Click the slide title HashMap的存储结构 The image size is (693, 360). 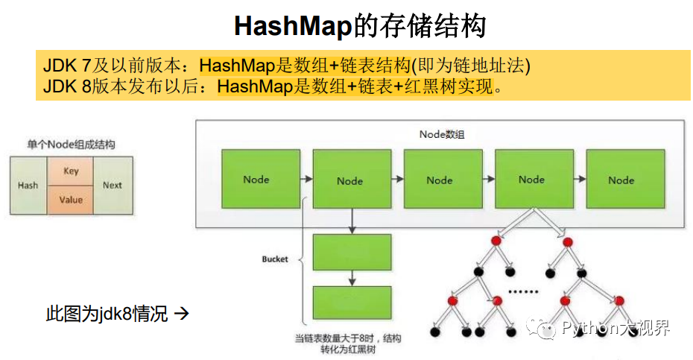[x=360, y=26]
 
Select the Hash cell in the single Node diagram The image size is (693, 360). [x=28, y=186]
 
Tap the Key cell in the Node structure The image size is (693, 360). [x=71, y=171]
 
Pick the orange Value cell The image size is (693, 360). [x=71, y=200]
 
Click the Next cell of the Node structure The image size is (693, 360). [x=113, y=186]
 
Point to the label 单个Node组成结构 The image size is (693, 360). [x=72, y=145]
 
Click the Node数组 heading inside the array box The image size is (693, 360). [x=443, y=134]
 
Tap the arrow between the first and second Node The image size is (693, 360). [x=306, y=180]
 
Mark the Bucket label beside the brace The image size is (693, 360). [x=274, y=259]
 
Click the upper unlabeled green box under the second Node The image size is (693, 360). [x=352, y=253]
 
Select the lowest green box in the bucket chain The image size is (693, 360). [x=352, y=303]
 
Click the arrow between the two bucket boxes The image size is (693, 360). [x=352, y=278]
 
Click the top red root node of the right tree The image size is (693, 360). [x=567, y=241]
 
